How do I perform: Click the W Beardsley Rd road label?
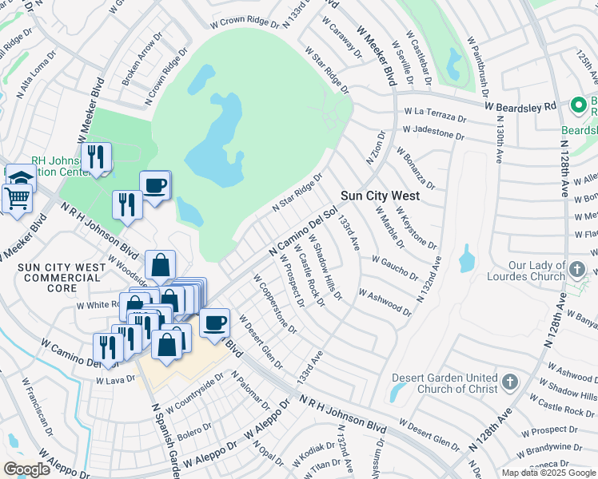(x=520, y=105)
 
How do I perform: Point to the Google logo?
(x=26, y=469)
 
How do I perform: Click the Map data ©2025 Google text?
(x=548, y=473)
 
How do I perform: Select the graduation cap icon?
(x=20, y=175)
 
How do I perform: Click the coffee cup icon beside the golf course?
(x=155, y=185)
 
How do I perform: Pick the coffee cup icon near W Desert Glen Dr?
(x=213, y=323)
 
